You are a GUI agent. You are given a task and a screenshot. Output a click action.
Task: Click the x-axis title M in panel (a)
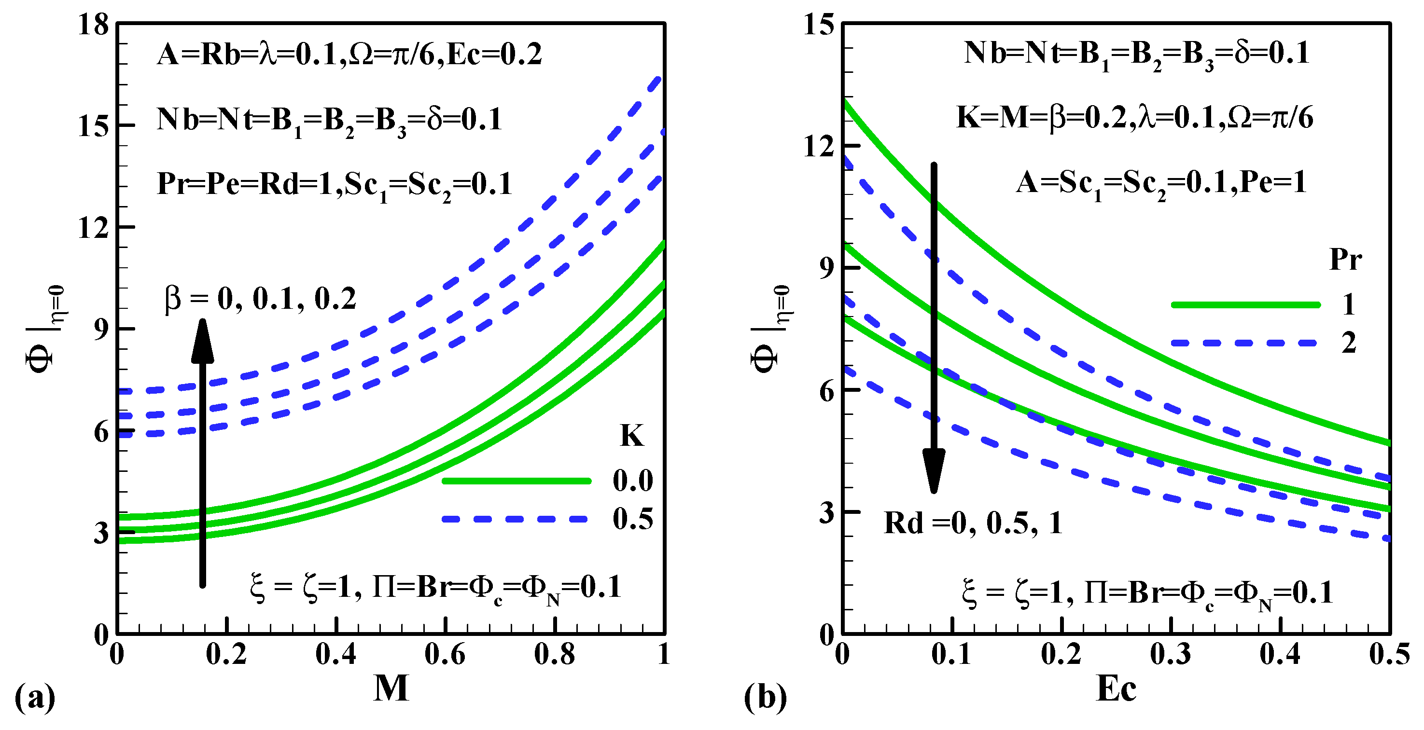(x=391, y=689)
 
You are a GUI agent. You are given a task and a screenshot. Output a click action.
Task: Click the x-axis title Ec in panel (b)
(x=1116, y=689)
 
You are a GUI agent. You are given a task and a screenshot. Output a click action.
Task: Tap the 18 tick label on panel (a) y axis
(x=93, y=25)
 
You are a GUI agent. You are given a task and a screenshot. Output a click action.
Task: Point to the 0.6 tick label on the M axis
(x=445, y=655)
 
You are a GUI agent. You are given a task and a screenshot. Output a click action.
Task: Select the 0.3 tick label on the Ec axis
(x=1170, y=655)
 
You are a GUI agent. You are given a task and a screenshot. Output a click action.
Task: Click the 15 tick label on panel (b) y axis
(x=818, y=25)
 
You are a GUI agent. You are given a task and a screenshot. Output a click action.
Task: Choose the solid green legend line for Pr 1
(x=1245, y=305)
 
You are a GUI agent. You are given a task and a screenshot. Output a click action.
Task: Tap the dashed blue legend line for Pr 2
(x=1245, y=343)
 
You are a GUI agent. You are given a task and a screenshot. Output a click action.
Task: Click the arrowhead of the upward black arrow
(x=202, y=340)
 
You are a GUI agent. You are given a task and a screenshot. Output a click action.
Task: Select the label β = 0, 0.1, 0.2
(x=260, y=300)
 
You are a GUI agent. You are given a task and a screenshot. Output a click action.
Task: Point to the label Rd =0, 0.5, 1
(x=973, y=523)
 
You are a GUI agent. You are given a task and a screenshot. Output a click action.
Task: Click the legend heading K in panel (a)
(x=631, y=436)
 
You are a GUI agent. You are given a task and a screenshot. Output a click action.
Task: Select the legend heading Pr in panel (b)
(x=1345, y=259)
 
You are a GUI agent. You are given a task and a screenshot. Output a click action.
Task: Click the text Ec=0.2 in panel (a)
(x=494, y=55)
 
